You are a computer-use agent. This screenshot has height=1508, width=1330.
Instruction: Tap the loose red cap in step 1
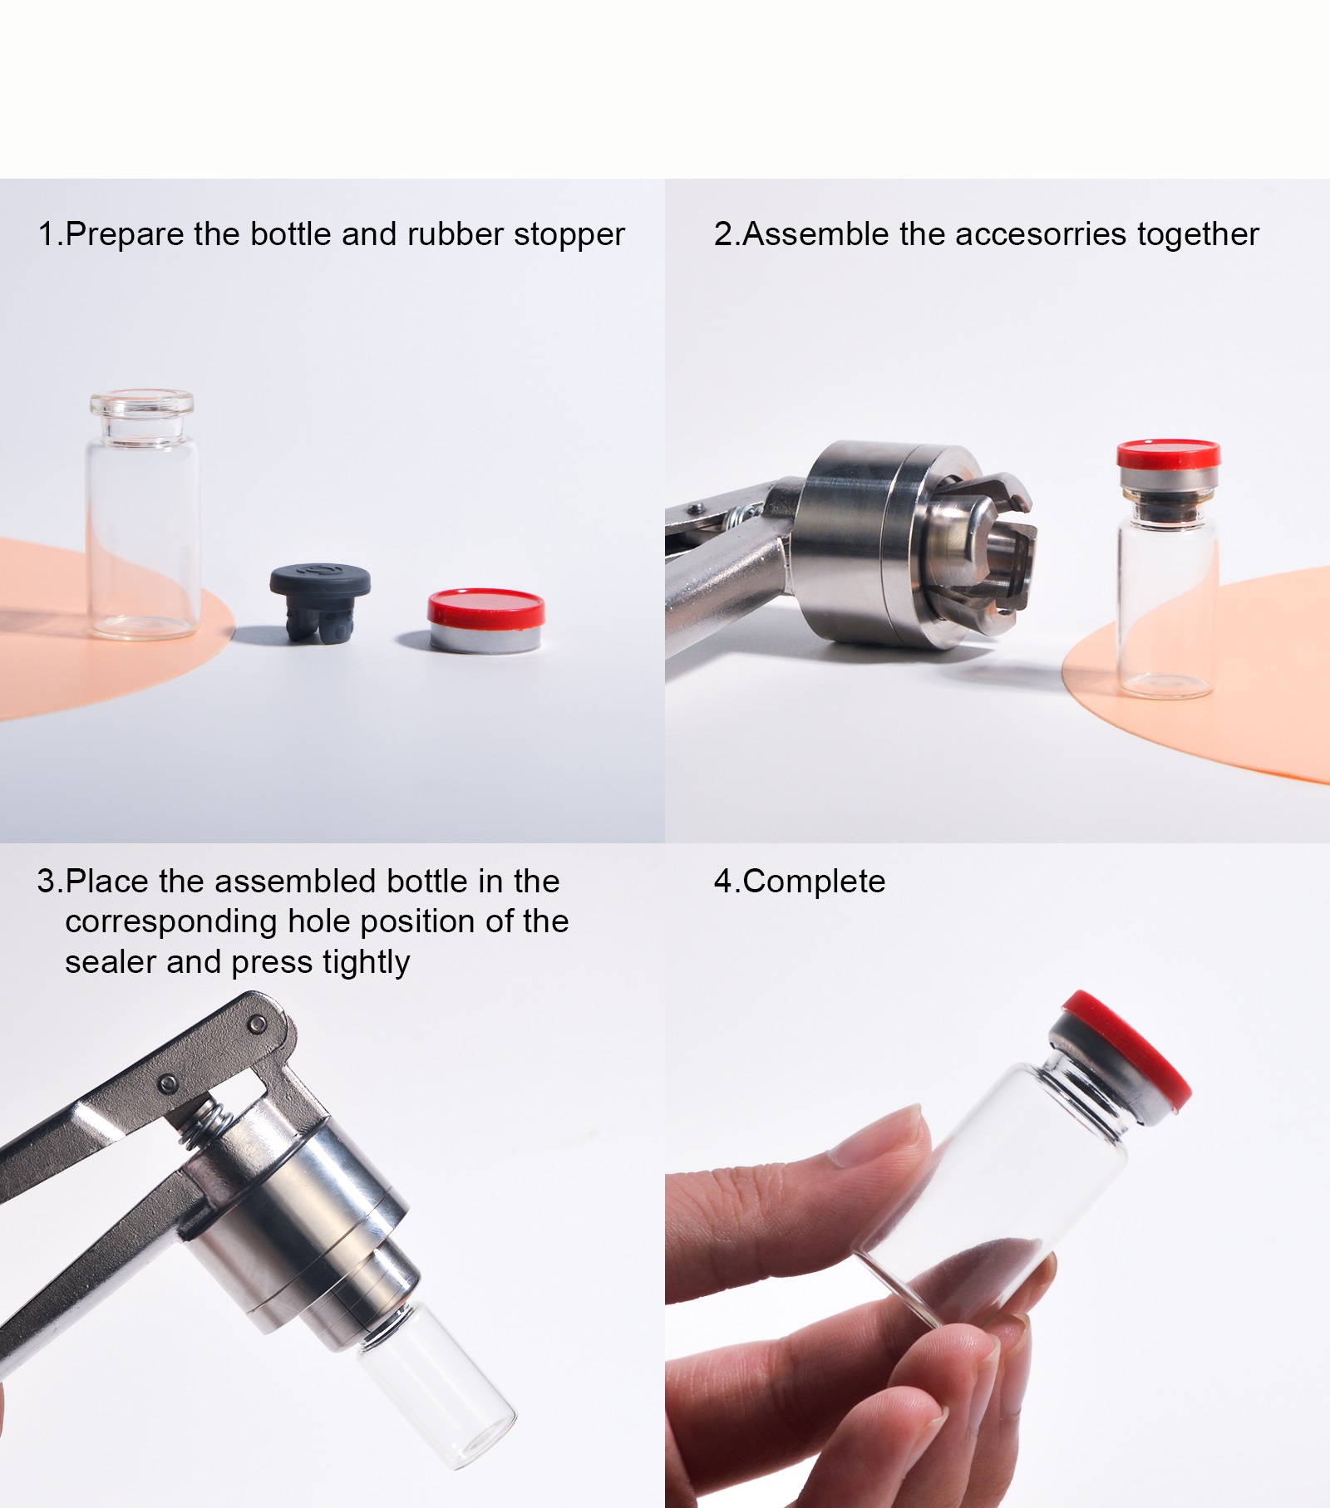pyautogui.click(x=486, y=620)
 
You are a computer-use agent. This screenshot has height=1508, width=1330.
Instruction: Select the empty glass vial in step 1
pyautogui.click(x=142, y=514)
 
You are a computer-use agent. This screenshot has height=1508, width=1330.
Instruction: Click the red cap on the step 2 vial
pyautogui.click(x=1168, y=454)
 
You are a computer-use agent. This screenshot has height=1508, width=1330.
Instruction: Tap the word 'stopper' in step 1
pyautogui.click(x=569, y=236)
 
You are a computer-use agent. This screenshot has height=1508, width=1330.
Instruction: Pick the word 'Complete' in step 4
pyautogui.click(x=814, y=882)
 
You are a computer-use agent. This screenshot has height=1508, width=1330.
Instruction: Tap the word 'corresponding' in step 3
pyautogui.click(x=171, y=923)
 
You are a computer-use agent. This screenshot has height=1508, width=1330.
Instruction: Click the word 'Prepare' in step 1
pyautogui.click(x=126, y=235)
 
